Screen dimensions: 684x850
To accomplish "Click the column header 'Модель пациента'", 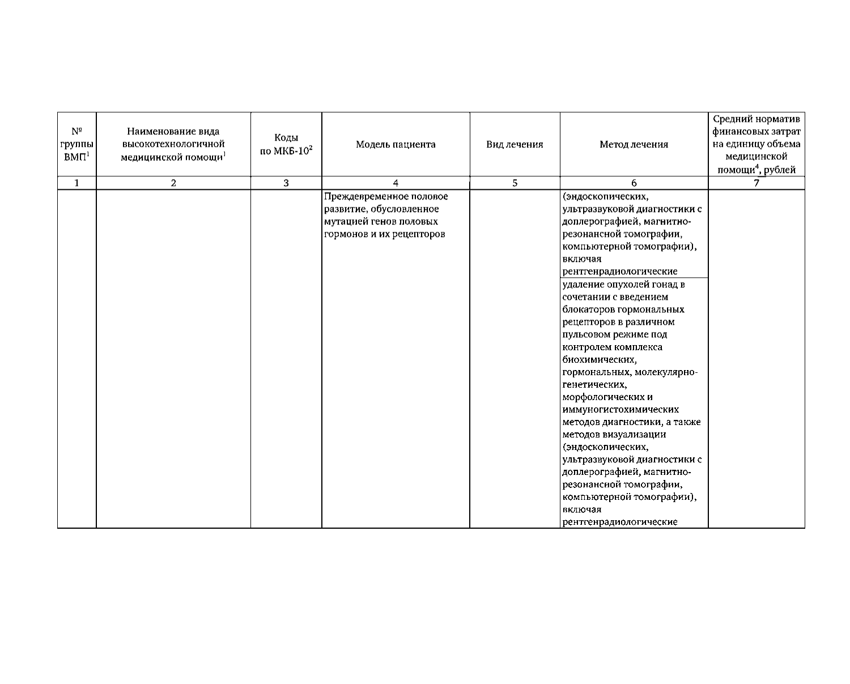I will click(396, 145).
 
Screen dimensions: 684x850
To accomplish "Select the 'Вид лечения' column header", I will click(515, 145).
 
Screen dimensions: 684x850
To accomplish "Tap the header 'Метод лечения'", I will click(634, 145).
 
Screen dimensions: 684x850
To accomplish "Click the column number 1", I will click(76, 183).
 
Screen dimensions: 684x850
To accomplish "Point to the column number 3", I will click(286, 183).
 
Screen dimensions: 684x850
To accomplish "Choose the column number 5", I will click(515, 183).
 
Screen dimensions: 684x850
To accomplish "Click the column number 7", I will click(756, 183).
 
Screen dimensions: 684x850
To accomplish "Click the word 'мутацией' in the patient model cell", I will click(343, 222).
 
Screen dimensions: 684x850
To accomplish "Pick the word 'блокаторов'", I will click(586, 309).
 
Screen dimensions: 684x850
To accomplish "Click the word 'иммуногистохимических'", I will click(620, 409).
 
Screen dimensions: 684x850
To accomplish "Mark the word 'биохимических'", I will click(598, 359).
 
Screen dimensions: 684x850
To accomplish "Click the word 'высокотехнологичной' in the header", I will click(173, 144).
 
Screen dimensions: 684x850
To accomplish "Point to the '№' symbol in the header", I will click(76, 132).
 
